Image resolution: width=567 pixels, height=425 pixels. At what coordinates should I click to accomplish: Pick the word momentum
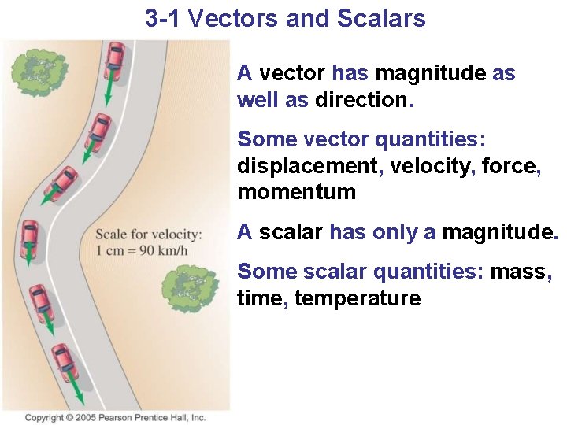[296, 192]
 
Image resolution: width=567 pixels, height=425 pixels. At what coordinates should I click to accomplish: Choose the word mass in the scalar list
[520, 272]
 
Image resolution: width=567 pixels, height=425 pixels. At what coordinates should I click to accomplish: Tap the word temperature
[358, 298]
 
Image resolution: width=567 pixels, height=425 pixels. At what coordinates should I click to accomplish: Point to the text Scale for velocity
[148, 235]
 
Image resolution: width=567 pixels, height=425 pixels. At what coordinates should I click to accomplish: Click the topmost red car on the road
[115, 58]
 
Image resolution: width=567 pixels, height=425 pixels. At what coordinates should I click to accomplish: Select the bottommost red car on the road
[65, 360]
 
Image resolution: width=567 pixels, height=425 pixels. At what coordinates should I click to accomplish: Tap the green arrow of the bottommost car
[76, 389]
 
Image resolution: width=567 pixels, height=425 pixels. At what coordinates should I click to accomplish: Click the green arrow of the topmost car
[108, 93]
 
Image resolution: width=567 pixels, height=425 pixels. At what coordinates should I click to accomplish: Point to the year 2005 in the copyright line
[87, 418]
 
